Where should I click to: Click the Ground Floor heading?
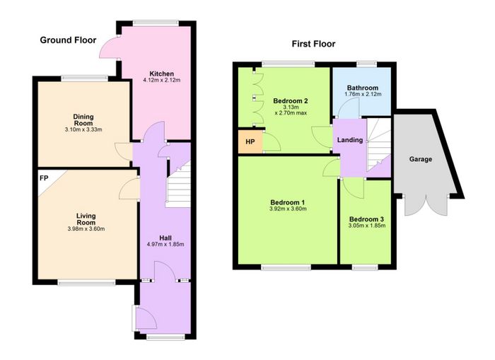[68, 40]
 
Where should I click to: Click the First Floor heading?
[313, 44]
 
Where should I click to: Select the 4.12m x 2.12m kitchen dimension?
[162, 80]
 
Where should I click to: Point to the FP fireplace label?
[44, 178]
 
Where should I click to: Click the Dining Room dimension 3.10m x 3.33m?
[83, 129]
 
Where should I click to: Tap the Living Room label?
[86, 219]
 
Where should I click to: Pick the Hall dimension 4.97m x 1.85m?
[165, 244]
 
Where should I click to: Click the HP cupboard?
[250, 141]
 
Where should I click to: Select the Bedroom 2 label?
[291, 101]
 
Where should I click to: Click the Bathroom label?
[362, 88]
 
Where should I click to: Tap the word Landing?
[350, 140]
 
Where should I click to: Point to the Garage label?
[421, 159]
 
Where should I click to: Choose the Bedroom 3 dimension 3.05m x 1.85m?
[366, 226]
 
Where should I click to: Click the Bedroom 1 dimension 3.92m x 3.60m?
[288, 209]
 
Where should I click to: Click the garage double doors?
[426, 206]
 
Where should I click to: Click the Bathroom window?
[367, 63]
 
